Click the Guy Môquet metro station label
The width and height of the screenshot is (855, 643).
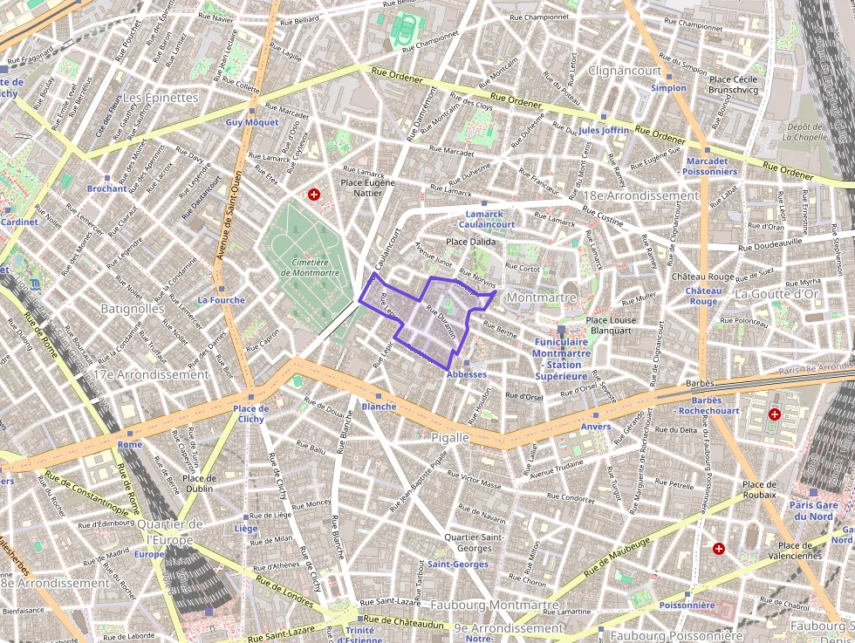point(251,122)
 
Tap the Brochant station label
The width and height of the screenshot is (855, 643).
point(106,188)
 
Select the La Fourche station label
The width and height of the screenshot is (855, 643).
point(221,300)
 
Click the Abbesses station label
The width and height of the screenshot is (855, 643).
point(467,374)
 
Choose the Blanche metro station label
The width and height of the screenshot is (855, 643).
point(379,407)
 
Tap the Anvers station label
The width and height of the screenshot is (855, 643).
point(596,426)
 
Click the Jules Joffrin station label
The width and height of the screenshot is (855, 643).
point(603,130)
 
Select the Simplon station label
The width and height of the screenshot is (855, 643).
point(668,88)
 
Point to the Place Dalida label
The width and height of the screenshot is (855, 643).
point(470,242)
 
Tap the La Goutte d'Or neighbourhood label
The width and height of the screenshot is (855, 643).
point(776,294)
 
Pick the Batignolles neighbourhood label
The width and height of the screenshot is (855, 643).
point(132,308)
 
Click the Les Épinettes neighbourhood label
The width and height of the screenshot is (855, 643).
point(161,98)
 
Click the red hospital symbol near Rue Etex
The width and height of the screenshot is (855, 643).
point(313,195)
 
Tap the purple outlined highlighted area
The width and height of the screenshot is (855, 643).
point(432,321)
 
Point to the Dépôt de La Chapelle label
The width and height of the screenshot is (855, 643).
point(804,131)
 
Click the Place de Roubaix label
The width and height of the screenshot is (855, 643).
point(758,489)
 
